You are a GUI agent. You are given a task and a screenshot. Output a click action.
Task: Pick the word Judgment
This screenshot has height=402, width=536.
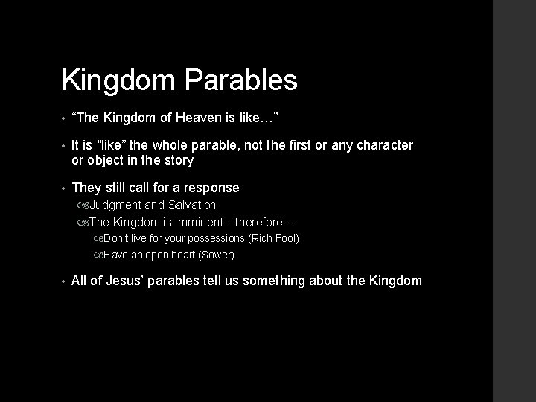115,205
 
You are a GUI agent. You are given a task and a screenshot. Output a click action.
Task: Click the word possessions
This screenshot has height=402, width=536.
217,238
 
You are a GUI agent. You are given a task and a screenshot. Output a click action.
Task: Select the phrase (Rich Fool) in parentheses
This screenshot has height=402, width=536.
275,238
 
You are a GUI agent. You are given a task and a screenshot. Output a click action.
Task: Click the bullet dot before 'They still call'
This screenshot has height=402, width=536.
65,188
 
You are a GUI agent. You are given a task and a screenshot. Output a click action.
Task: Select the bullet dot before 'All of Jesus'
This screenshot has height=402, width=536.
65,281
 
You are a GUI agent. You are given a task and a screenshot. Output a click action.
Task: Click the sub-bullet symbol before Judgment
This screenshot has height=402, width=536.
83,205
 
